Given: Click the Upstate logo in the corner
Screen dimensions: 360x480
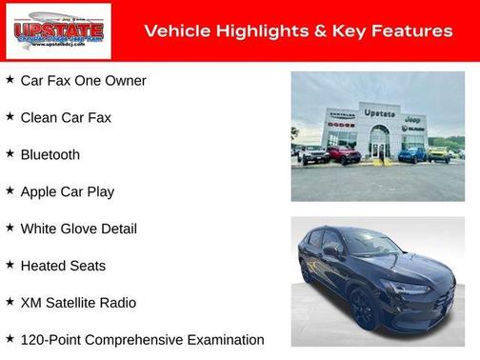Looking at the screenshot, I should pyautogui.click(x=58, y=30).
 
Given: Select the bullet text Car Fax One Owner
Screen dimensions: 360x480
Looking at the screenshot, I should pyautogui.click(x=83, y=81).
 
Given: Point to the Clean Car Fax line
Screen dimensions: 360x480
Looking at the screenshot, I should pyautogui.click(x=66, y=118).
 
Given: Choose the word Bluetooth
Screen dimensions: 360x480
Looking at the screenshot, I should pyautogui.click(x=50, y=154).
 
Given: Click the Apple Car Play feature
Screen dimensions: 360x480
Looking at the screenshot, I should pyautogui.click(x=67, y=191).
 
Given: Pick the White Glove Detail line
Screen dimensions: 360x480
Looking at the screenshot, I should pyautogui.click(x=78, y=229).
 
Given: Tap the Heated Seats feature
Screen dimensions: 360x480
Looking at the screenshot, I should pyautogui.click(x=63, y=266).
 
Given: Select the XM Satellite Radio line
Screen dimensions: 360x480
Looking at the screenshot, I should pyautogui.click(x=78, y=303).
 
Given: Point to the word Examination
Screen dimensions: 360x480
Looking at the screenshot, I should pyautogui.click(x=222, y=340).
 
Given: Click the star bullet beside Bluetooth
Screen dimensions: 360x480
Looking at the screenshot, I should pyautogui.click(x=10, y=153).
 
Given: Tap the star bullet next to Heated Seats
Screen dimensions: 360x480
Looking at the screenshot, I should pyautogui.click(x=10, y=265).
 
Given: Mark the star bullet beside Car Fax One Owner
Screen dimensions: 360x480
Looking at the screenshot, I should pyautogui.click(x=10, y=80).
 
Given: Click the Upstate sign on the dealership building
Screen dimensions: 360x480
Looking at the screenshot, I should pyautogui.click(x=379, y=113).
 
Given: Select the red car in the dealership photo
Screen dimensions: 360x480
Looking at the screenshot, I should pyautogui.click(x=343, y=154).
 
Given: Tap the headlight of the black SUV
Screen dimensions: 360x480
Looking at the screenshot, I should pyautogui.click(x=415, y=288).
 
